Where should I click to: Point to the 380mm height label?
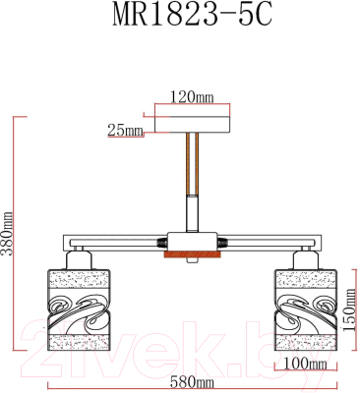(8, 233)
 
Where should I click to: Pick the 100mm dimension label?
(305, 364)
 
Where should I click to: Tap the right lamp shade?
(304, 309)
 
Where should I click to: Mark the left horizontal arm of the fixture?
(108, 242)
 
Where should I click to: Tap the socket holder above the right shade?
(304, 256)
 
